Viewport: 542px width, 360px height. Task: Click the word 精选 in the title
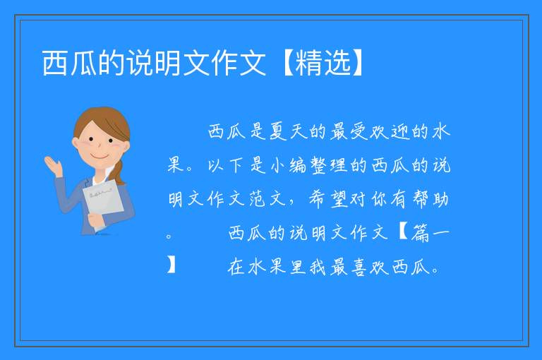point(324,63)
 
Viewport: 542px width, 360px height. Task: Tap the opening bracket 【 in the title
point(287,63)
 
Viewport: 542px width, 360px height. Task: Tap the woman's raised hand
point(53,165)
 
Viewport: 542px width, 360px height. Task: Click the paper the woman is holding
point(102,200)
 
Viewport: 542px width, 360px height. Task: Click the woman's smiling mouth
point(100,157)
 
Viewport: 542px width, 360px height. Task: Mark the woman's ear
point(75,143)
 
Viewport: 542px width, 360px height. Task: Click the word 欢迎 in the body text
point(390,132)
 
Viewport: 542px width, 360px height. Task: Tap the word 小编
point(288,165)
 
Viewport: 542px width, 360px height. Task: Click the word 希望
point(329,199)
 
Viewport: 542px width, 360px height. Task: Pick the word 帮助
point(431,199)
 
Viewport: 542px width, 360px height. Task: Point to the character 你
point(380,199)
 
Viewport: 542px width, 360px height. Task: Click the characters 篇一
point(431,233)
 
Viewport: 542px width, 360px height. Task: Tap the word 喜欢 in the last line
point(370,267)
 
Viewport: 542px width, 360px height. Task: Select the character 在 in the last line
point(236,267)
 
